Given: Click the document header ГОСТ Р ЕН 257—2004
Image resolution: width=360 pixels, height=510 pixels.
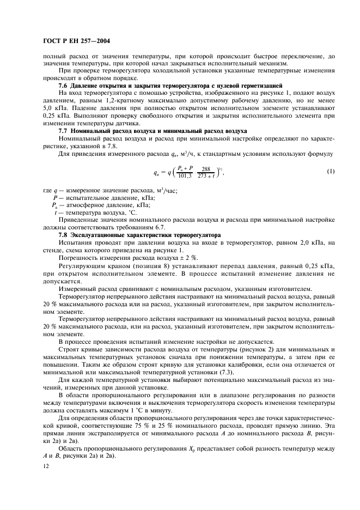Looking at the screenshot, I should [x=77, y=41].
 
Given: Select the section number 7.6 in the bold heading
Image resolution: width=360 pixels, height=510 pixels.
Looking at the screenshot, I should [x=63, y=86].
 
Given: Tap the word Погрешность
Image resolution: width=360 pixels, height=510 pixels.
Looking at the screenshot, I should [x=79, y=257].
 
